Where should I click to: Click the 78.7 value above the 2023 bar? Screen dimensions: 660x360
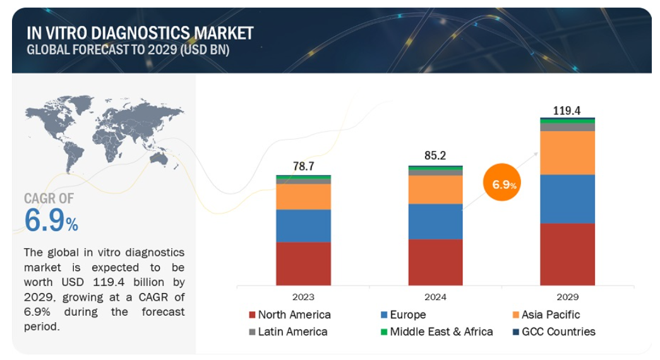coord(304,166)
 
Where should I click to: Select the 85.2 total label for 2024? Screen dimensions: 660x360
coord(435,155)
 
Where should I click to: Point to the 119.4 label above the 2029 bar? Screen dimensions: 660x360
coord(567,111)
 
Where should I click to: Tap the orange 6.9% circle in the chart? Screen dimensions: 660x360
coord(502,183)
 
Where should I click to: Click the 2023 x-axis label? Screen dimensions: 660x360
coord(303,297)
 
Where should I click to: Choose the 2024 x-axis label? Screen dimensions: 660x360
coord(435,297)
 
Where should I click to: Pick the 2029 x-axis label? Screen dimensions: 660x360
coord(567,297)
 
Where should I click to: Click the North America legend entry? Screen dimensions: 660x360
coord(290,315)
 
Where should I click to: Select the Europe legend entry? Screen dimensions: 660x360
coord(403,315)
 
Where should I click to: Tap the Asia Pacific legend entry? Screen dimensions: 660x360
coord(546,315)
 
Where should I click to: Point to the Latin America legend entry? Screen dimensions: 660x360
coord(288,332)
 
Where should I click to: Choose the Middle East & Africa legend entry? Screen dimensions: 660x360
coord(436,332)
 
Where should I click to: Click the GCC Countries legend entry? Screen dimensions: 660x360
coord(554,332)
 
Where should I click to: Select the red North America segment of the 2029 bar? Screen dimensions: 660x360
coord(567,255)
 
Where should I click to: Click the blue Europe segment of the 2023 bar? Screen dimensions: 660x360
coord(304,225)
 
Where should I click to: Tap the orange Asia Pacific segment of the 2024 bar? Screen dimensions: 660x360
coord(435,190)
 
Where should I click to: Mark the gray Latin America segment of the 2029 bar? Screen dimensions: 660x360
coord(567,127)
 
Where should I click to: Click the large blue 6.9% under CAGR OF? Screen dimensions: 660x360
coord(51,220)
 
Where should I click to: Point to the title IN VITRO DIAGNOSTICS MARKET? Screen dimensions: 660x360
coord(140,33)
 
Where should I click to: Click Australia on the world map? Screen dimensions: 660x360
coord(159,159)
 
